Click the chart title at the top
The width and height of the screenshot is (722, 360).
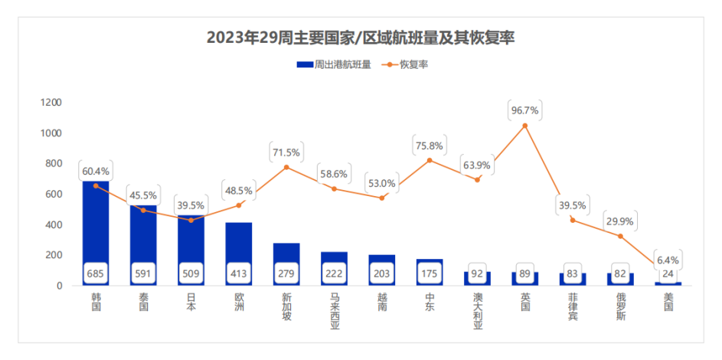click(360, 38)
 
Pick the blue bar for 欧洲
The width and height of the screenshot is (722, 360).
click(239, 245)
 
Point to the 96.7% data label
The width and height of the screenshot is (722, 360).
click(524, 110)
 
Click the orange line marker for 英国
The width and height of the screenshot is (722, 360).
click(524, 126)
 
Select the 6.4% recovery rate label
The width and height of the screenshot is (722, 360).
click(668, 260)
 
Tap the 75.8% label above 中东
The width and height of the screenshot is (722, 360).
click(430, 146)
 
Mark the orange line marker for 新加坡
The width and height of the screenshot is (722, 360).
click(286, 167)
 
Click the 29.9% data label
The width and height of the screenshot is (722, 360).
click(620, 221)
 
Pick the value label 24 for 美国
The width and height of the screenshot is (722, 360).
click(668, 272)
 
